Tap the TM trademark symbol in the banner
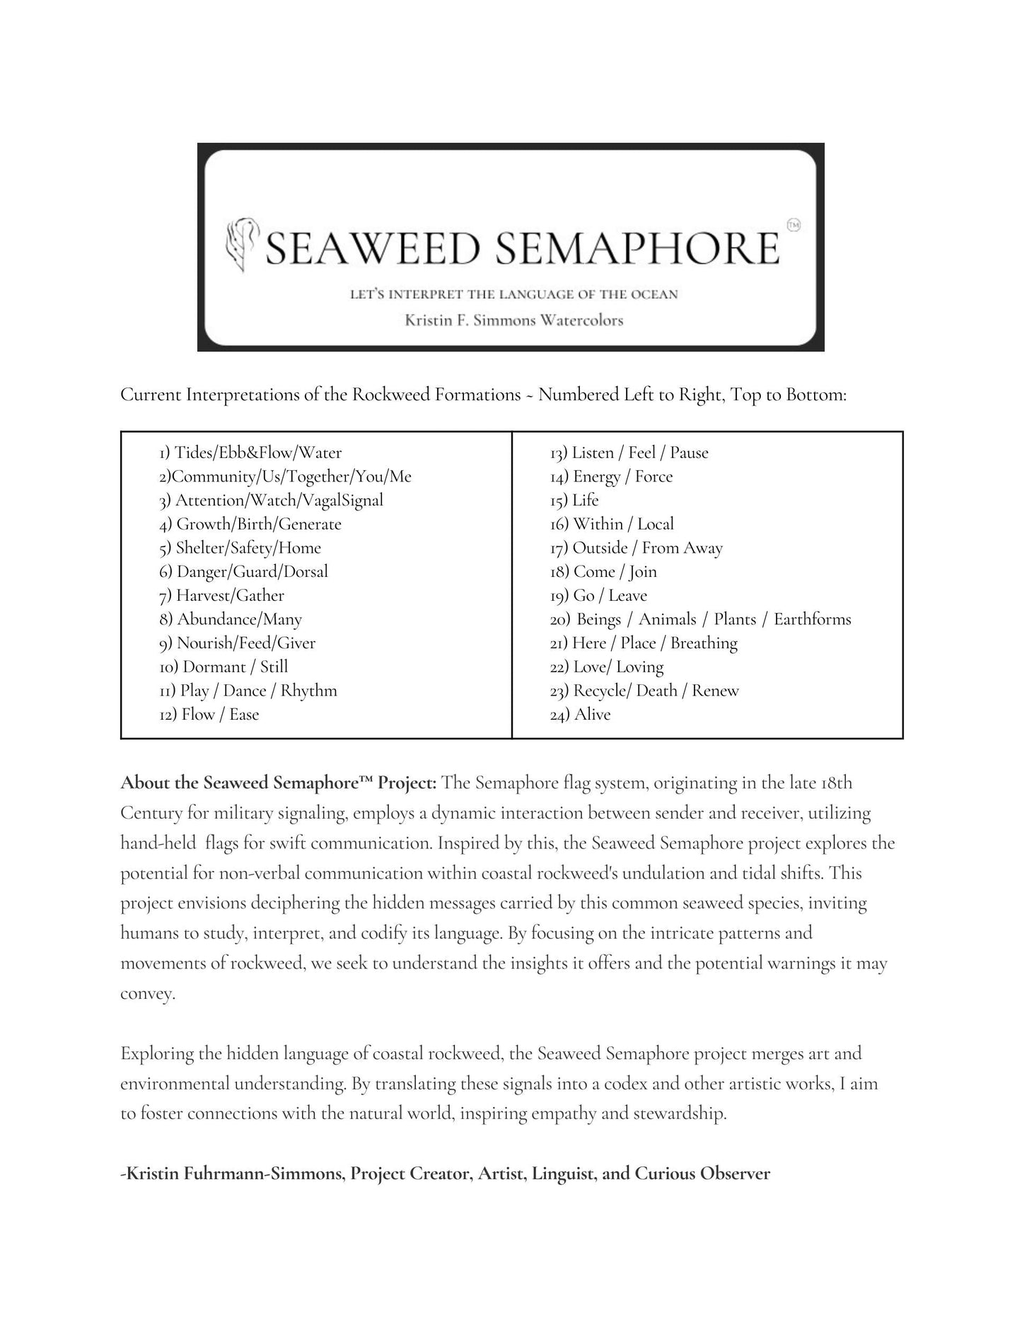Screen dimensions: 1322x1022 (x=793, y=226)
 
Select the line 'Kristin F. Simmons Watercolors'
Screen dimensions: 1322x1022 (x=513, y=320)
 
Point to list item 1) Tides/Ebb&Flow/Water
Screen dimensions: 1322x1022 (x=250, y=452)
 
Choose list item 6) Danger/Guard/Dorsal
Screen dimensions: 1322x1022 (x=243, y=571)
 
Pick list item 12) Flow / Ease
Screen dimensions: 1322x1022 (x=209, y=714)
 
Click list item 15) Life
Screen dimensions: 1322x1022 (x=574, y=500)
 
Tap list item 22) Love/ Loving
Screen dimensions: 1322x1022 (x=607, y=667)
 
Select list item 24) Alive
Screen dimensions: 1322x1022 (x=580, y=714)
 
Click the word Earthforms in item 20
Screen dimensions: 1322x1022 (x=812, y=619)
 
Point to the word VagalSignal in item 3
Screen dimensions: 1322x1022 (x=342, y=500)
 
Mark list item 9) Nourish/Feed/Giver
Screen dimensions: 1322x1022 (x=237, y=643)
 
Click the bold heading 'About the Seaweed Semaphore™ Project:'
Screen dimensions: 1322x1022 (x=279, y=783)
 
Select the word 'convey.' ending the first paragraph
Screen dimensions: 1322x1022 (x=147, y=993)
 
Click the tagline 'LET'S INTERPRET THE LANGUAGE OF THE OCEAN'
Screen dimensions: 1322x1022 (x=513, y=294)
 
